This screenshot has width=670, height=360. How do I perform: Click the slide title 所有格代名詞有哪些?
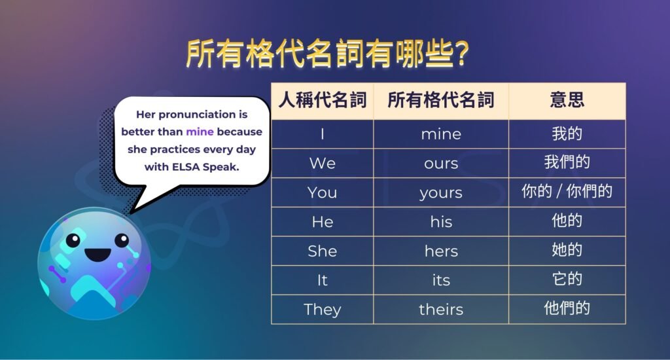[x=327, y=54]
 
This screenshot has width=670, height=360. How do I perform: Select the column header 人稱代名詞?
[x=322, y=100]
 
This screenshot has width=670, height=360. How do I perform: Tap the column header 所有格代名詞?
[x=441, y=100]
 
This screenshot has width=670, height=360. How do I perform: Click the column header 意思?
[x=567, y=100]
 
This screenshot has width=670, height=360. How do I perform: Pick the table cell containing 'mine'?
[x=441, y=134]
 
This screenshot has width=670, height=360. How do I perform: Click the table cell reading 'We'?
[x=322, y=164]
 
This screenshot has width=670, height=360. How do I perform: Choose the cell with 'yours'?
[x=441, y=193]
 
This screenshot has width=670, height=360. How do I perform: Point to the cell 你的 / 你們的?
[x=567, y=192]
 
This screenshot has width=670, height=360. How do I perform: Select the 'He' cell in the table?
[x=322, y=222]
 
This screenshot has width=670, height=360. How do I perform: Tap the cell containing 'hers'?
[x=441, y=251]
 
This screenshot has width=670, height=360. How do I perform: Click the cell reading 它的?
[x=567, y=279]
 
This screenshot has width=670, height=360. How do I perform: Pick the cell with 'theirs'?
[x=441, y=310]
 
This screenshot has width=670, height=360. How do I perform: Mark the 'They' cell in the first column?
[x=322, y=310]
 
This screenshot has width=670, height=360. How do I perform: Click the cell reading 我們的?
[x=567, y=163]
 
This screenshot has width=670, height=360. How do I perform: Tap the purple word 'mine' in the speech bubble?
[x=200, y=132]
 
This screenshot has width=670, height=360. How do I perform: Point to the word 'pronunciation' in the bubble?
[x=192, y=115]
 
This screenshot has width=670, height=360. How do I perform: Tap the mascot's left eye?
[x=73, y=240]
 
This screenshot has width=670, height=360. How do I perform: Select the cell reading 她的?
[x=567, y=251]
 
